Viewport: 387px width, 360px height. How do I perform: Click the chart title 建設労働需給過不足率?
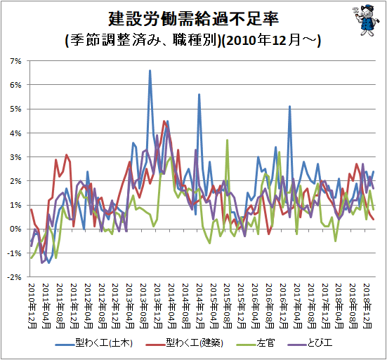[x=194, y=19]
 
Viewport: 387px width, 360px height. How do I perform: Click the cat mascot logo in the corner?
[x=366, y=20]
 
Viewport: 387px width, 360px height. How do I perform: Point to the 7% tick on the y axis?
[x=15, y=61]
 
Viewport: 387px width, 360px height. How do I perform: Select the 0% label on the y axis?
[x=15, y=229]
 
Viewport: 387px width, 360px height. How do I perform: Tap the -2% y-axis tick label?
[x=14, y=277]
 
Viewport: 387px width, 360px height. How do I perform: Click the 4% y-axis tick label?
[x=15, y=133]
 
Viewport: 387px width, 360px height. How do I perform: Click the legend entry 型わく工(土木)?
[x=94, y=342]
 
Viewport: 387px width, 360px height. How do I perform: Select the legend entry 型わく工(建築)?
[x=185, y=342]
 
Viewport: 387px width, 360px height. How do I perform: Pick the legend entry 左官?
[x=256, y=342]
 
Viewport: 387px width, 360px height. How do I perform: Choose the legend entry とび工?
[x=310, y=342]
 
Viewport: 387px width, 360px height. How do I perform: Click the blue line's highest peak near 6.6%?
[x=150, y=71]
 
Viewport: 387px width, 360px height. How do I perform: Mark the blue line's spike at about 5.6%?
[x=199, y=95]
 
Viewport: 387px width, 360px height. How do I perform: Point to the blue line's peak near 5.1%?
[x=290, y=106]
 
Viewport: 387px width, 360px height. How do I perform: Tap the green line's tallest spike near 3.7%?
[x=227, y=140]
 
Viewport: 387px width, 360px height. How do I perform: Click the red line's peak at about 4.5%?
[x=164, y=121]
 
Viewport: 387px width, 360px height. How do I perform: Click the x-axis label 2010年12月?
[x=32, y=306]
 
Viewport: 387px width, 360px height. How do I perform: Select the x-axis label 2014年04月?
[x=172, y=306]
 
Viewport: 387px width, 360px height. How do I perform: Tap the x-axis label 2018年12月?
[x=367, y=306]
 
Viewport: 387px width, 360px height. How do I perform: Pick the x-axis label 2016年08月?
[x=270, y=306]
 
